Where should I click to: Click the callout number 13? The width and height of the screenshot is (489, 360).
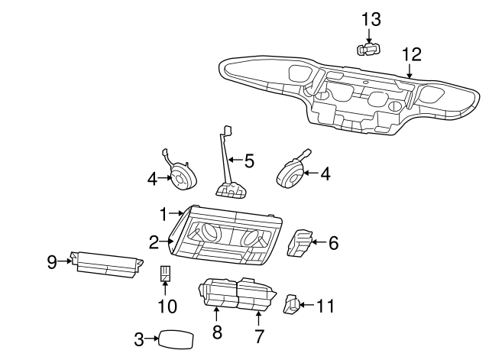coord(371,19)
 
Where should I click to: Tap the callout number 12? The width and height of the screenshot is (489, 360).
coord(412,54)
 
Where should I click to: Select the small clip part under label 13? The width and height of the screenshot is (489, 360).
coord(368,50)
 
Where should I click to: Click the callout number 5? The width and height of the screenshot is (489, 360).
coord(249,161)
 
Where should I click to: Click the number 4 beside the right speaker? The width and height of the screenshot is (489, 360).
coord(325,174)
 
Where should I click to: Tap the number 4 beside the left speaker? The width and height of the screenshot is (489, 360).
coord(152,180)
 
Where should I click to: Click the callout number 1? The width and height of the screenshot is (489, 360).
coord(163,214)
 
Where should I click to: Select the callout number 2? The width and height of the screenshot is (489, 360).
coord(154,242)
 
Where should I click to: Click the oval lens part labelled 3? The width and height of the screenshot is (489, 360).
coord(176,339)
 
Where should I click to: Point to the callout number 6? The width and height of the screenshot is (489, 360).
coord(333,243)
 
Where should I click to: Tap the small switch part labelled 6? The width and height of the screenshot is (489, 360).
coord(299,243)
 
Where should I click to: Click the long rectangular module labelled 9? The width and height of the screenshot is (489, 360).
coord(107,264)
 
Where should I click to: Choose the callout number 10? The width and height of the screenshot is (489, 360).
coord(167,306)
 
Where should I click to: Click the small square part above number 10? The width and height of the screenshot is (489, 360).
coord(165,274)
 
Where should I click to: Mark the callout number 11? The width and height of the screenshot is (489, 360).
coord(325,306)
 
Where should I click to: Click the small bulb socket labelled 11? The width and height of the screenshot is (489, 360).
coord(292,303)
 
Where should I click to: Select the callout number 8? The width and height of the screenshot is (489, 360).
coord(217,332)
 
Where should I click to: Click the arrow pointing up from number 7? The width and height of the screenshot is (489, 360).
coord(258,319)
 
